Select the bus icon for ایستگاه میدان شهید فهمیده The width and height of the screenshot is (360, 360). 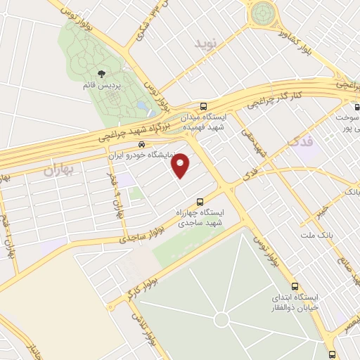tap(204, 102)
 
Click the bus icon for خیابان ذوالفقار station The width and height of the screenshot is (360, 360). tap(294, 286)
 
